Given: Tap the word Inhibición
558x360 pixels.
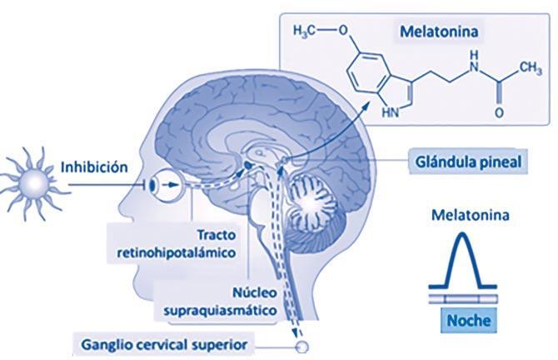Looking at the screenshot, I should click(94, 167).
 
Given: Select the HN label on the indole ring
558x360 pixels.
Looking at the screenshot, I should click(391, 114).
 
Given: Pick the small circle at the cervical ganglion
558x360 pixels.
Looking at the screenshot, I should click(301, 344).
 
